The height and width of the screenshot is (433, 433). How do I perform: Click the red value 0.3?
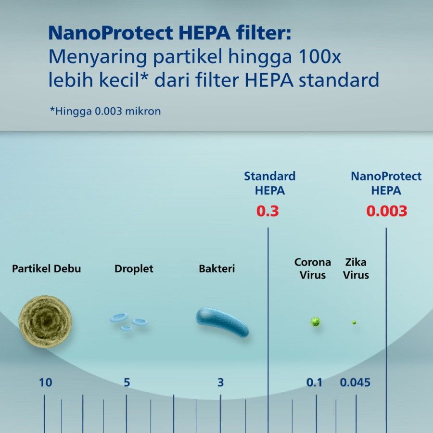click(x=267, y=211)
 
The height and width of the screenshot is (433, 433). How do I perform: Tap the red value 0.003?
click(x=387, y=211)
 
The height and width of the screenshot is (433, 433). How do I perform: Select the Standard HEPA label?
click(x=269, y=183)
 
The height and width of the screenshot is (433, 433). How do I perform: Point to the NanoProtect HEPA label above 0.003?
click(x=386, y=183)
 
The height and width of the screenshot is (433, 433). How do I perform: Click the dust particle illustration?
click(x=45, y=321)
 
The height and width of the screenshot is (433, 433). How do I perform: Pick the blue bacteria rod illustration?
click(x=222, y=321)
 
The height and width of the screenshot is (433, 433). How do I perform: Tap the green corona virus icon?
click(x=315, y=321)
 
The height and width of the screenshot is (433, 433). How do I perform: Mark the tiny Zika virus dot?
click(x=354, y=322)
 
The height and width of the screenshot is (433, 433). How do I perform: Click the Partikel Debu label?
click(x=46, y=268)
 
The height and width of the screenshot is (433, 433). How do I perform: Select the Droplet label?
click(x=134, y=268)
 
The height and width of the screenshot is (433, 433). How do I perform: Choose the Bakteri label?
click(x=217, y=268)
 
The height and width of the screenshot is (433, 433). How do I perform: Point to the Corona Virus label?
click(x=313, y=268)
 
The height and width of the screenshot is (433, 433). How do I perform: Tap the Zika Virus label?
click(x=356, y=268)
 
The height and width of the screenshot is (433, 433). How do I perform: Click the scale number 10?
click(x=45, y=382)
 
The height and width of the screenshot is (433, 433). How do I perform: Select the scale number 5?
click(x=127, y=382)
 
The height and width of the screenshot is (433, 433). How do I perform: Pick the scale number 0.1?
click(x=314, y=382)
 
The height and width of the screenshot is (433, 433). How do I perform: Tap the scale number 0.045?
click(x=355, y=382)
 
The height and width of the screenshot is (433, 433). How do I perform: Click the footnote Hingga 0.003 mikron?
click(x=105, y=111)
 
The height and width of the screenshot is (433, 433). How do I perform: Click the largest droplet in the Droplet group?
click(x=119, y=318)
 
